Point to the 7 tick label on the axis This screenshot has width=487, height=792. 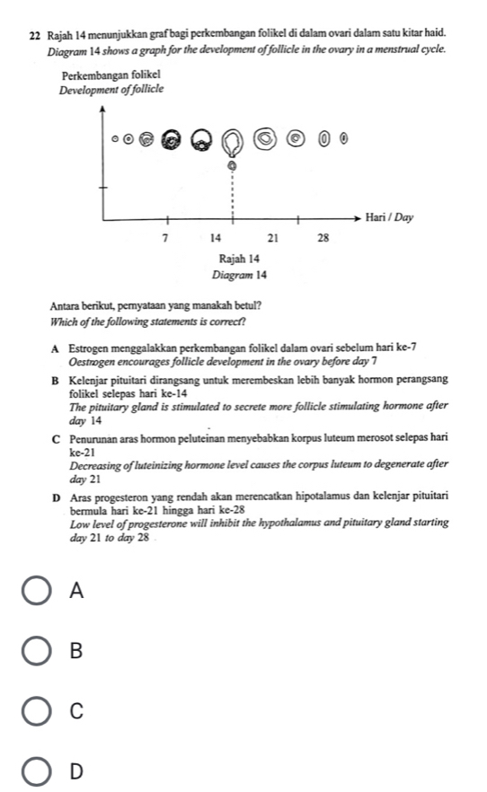[x=164, y=238]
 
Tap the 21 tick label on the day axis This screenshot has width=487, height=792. [x=275, y=238]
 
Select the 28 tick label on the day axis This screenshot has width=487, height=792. [x=324, y=238]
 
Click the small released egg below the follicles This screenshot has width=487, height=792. [x=233, y=165]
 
